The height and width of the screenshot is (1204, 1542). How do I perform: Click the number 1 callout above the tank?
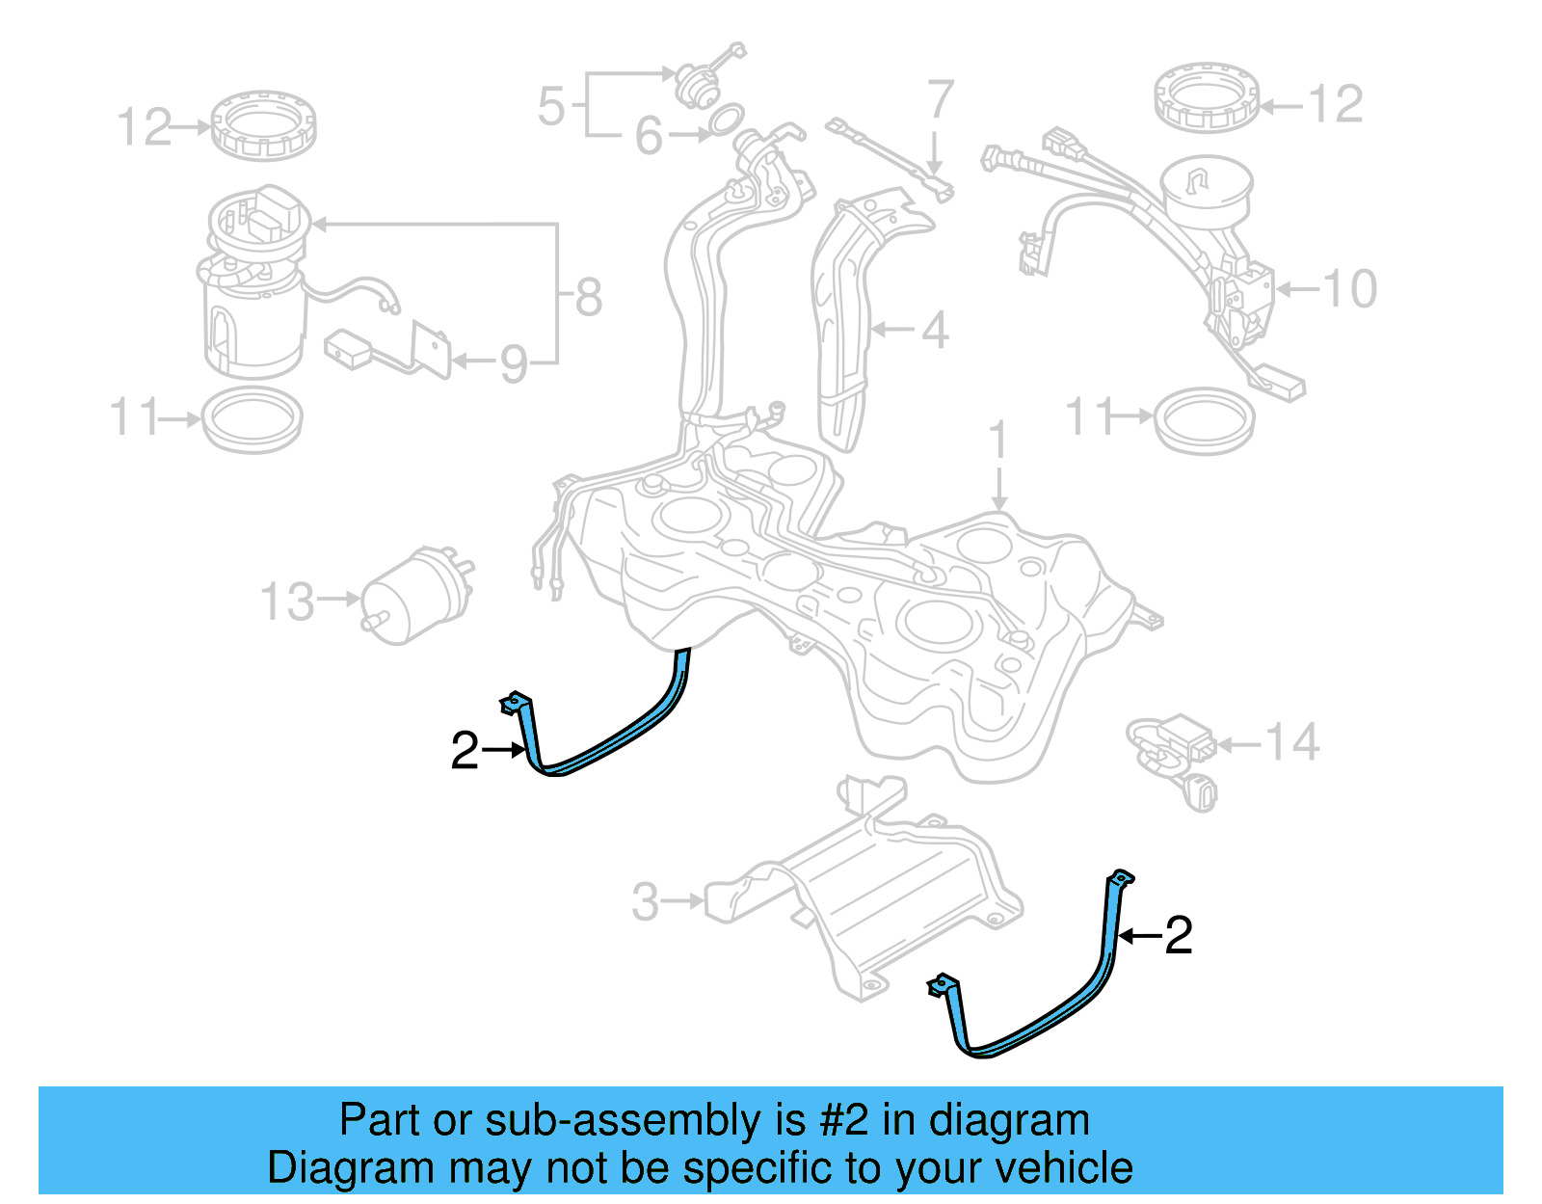pyautogui.click(x=998, y=441)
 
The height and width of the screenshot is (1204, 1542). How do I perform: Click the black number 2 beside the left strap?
pyautogui.click(x=465, y=751)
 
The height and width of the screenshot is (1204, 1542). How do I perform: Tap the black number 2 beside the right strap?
pyautogui.click(x=1179, y=936)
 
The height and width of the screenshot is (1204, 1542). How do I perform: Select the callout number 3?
pyautogui.click(x=645, y=902)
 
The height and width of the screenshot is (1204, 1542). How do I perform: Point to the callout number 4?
pyautogui.click(x=934, y=331)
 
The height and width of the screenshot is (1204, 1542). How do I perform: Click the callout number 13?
pyautogui.click(x=287, y=602)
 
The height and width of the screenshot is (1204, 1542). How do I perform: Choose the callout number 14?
pyautogui.click(x=1291, y=743)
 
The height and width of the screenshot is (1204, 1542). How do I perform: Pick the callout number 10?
pyautogui.click(x=1349, y=289)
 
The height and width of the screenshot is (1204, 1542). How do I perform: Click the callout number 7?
pyautogui.click(x=940, y=100)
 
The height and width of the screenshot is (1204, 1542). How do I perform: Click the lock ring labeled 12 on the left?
pyautogui.click(x=263, y=125)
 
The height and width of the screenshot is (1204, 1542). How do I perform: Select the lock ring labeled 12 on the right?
pyautogui.click(x=1207, y=96)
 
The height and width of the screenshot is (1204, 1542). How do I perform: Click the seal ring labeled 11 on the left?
pyautogui.click(x=253, y=420)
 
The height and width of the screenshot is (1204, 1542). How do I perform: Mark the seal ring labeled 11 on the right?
pyautogui.click(x=1205, y=420)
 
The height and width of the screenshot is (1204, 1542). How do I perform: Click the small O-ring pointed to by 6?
pyautogui.click(x=726, y=120)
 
